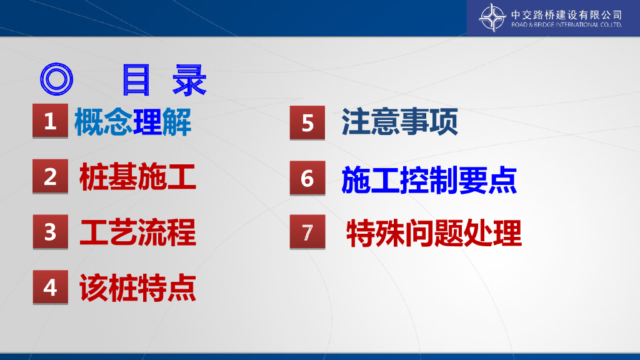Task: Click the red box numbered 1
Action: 50,121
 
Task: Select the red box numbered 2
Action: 50,176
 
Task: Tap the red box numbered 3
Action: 50,232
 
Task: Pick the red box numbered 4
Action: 50,287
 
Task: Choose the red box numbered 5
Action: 307,123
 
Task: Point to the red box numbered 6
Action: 307,178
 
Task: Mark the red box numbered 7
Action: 307,232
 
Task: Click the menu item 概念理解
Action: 132,122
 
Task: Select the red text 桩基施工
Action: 138,177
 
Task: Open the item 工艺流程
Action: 138,232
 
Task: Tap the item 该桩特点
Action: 138,287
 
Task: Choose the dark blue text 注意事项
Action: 399,122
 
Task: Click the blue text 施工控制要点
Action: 429,180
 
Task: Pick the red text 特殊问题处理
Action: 434,233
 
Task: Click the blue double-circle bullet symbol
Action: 56,79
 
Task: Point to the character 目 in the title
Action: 136,80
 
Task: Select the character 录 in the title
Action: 189,80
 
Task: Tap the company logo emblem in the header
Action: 492,17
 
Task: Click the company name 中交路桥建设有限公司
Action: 566,15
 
